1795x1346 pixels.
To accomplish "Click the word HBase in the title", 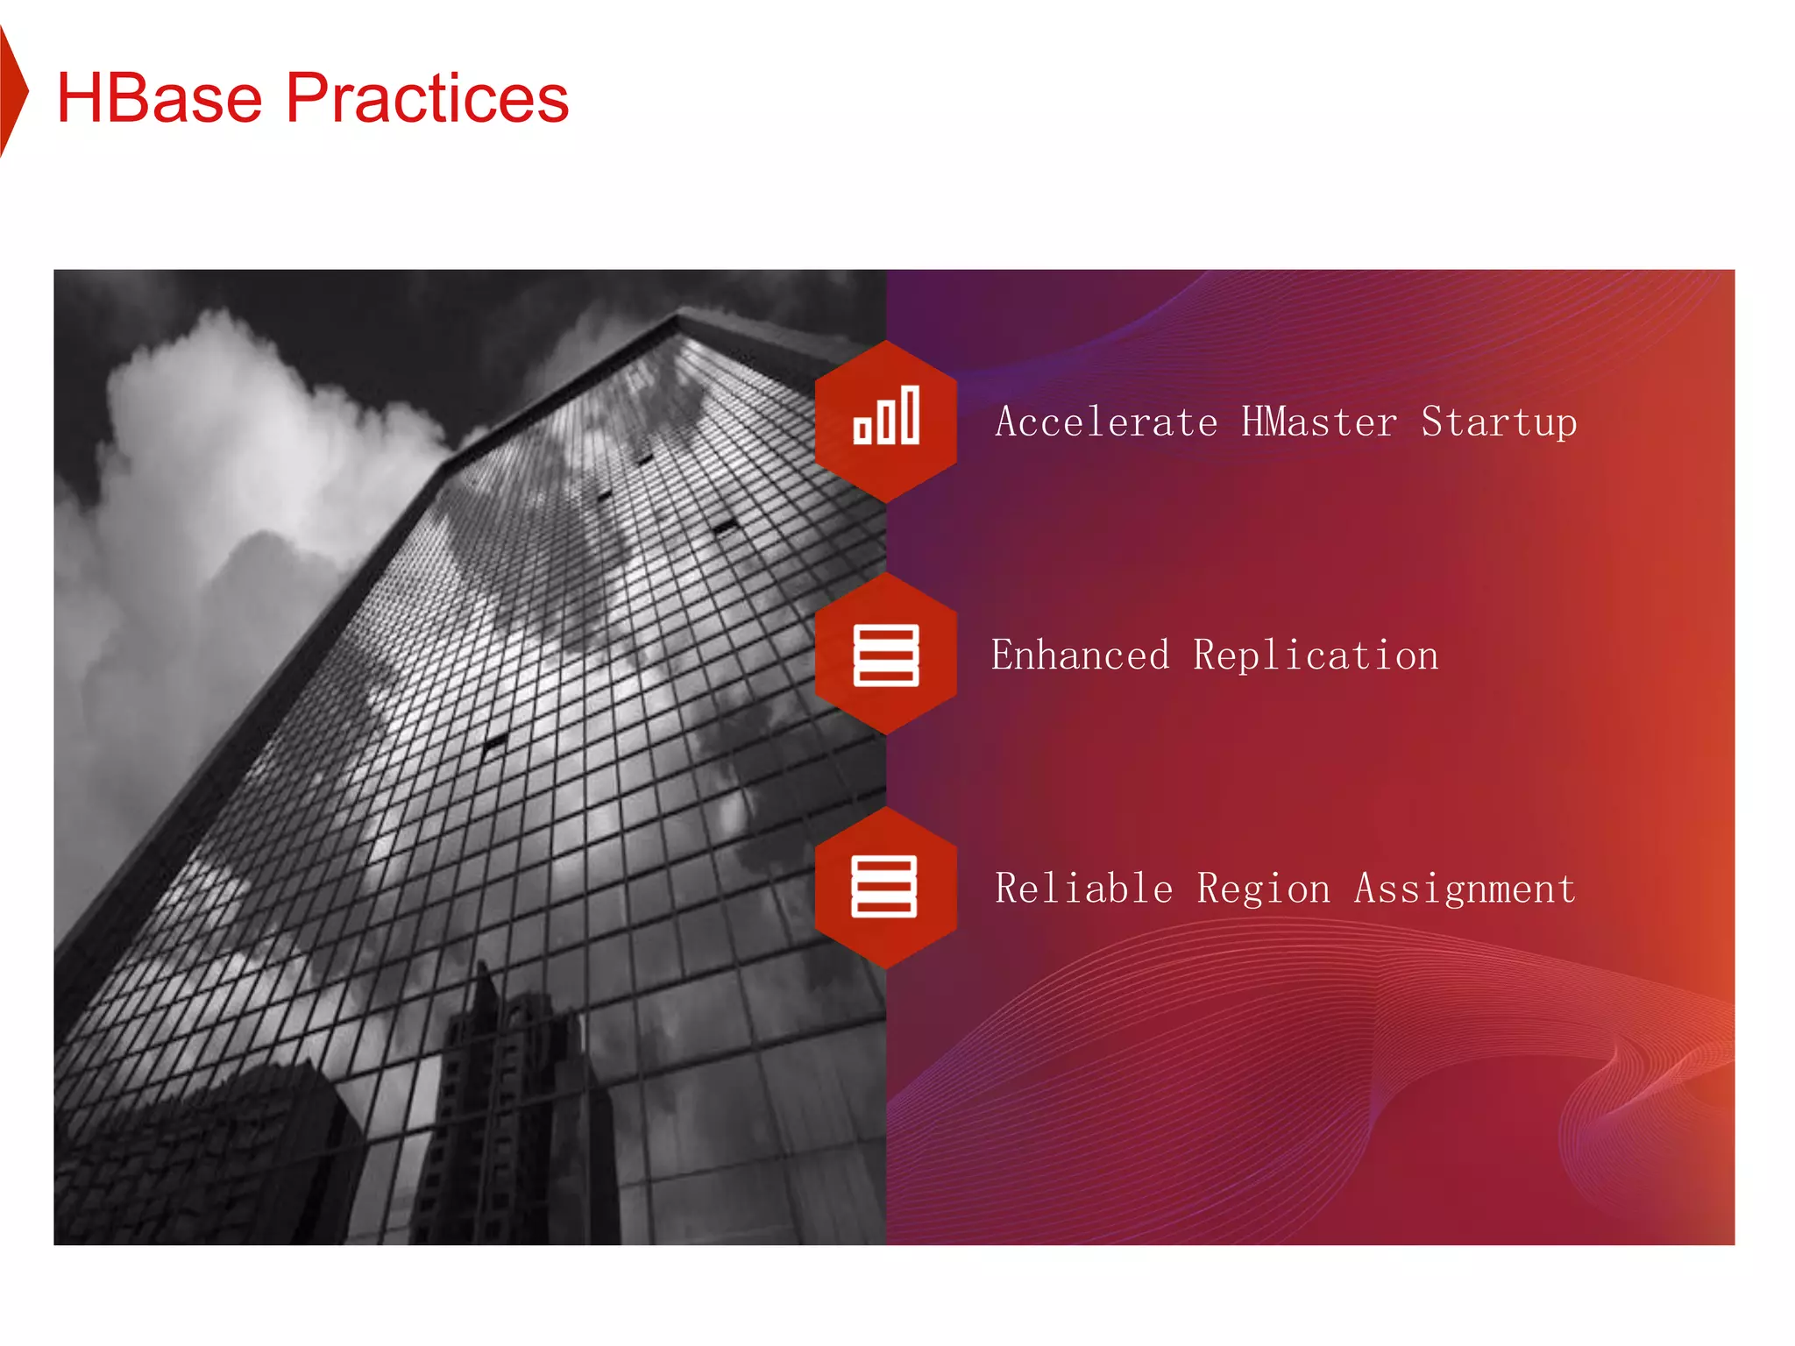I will (x=159, y=97).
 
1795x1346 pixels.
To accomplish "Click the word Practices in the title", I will (x=427, y=97).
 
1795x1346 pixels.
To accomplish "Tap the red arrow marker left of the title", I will (x=12, y=91).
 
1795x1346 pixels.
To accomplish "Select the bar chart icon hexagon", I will (x=885, y=422).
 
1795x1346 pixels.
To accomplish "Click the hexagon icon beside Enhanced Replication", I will (x=885, y=654).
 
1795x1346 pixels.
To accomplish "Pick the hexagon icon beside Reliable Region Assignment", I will (x=885, y=887).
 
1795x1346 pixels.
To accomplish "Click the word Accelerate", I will (x=1106, y=422).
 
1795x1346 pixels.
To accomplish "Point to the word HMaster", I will (x=1319, y=422).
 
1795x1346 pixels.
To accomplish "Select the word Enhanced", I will (x=1080, y=655).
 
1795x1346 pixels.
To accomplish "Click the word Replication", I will (x=1316, y=655).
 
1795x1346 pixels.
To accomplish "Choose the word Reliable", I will (x=1083, y=889).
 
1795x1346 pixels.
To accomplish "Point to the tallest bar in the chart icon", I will (x=911, y=414).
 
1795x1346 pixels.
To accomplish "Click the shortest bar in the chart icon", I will (x=862, y=430).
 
